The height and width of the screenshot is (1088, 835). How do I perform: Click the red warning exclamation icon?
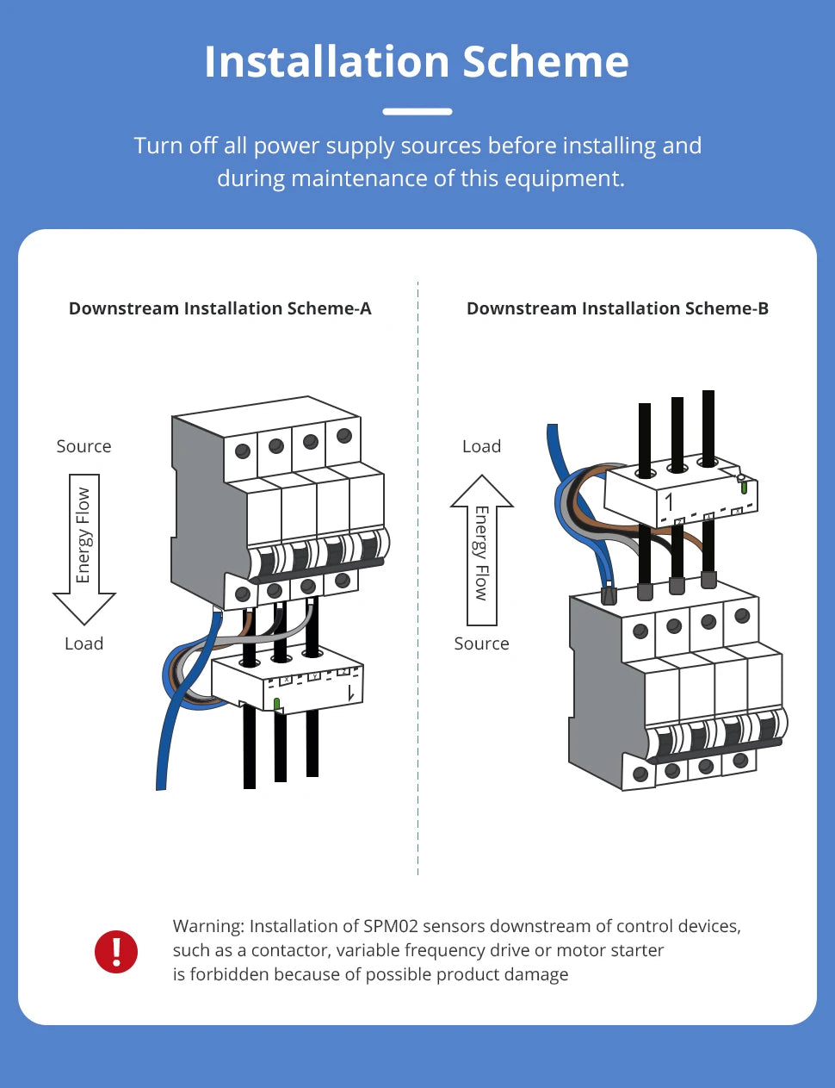116,951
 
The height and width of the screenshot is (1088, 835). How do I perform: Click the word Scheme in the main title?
545,62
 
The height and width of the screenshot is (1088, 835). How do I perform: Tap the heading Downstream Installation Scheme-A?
220,308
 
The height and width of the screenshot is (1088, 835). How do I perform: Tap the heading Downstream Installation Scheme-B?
617,308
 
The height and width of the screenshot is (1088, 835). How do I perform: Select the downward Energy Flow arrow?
84,548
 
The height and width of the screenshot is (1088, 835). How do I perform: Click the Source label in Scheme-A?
83,446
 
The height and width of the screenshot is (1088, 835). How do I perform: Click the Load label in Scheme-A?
83,643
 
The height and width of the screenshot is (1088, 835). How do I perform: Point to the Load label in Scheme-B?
481,446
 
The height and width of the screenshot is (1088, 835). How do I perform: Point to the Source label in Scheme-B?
481,643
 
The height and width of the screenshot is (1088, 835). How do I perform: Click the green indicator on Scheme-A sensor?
276,704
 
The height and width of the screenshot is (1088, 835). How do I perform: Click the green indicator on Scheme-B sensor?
744,487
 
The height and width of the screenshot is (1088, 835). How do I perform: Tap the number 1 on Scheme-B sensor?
669,501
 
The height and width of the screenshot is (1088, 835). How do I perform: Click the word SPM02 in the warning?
390,926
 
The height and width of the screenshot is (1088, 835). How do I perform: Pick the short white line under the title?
417,111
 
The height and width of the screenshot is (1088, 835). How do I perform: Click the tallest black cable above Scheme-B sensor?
708,426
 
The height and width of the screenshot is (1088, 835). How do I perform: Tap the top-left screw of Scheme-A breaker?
243,451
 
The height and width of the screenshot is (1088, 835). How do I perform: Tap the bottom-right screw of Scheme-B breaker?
740,760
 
